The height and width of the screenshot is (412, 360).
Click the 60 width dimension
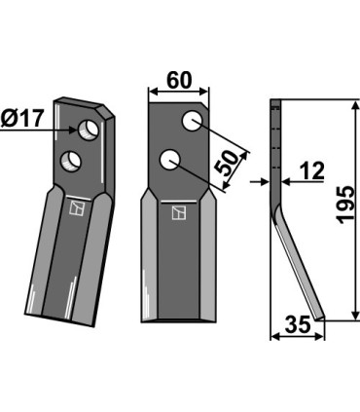(178, 80)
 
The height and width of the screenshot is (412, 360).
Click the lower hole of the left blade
(71, 158)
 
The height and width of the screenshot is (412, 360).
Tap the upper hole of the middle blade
(193, 121)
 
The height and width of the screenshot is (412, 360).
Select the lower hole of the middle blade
(170, 158)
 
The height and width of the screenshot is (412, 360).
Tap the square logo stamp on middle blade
(177, 212)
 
